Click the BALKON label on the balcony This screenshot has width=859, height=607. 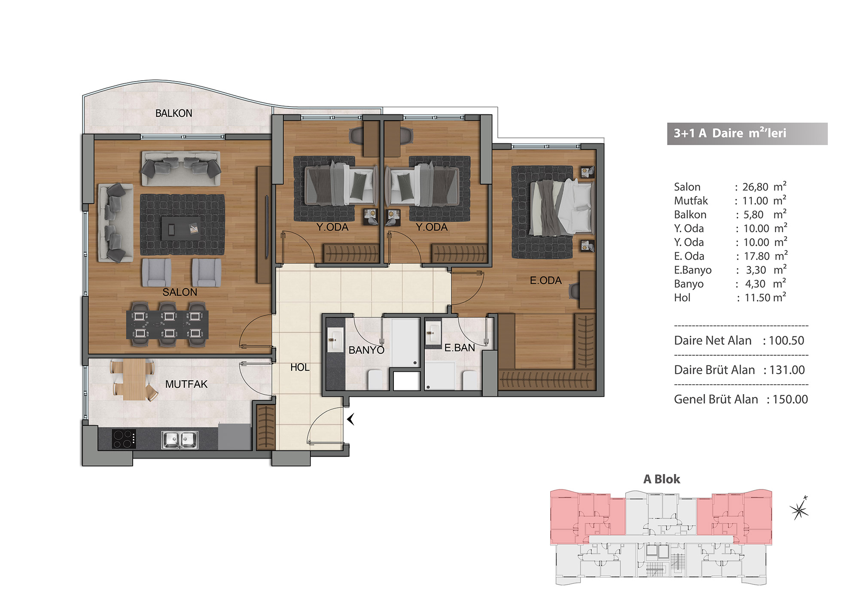pos(174,113)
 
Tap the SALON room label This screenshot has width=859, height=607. pos(180,292)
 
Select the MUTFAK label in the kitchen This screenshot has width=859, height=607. pos(186,384)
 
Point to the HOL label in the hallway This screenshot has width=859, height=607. pos(300,367)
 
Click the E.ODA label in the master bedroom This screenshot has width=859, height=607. pos(545,281)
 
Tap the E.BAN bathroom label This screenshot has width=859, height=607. pos(460,348)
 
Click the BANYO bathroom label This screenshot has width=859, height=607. pos(366,350)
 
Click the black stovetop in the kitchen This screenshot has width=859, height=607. pos(124,439)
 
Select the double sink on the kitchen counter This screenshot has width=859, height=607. pos(180,440)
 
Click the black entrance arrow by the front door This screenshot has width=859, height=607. pos(350,419)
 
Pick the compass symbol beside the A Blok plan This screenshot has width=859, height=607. pos(799,509)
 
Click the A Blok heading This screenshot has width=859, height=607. pos(661,479)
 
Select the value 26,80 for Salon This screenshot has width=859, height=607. pos(755,187)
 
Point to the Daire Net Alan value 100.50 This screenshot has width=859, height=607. pos(786,340)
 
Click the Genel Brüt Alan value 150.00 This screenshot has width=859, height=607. pos(790,399)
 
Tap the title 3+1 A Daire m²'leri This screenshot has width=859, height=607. pos(730,133)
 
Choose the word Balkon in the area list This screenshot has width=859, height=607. pos(690,215)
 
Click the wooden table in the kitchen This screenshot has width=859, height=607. pos(134,379)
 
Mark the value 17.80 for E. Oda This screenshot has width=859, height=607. pos(757,256)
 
